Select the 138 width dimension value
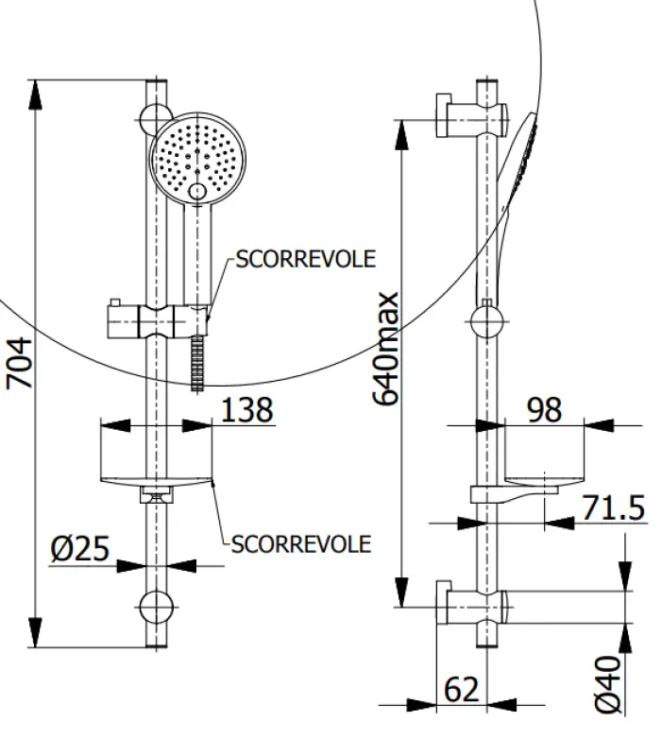point(246,410)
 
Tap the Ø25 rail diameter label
point(80,549)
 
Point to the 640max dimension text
point(387,350)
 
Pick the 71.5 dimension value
point(612,507)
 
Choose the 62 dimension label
point(461,690)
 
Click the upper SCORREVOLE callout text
point(305,259)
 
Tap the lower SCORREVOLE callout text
point(301,544)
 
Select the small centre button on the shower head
point(197,192)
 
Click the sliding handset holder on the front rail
point(156,321)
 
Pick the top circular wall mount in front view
point(156,119)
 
